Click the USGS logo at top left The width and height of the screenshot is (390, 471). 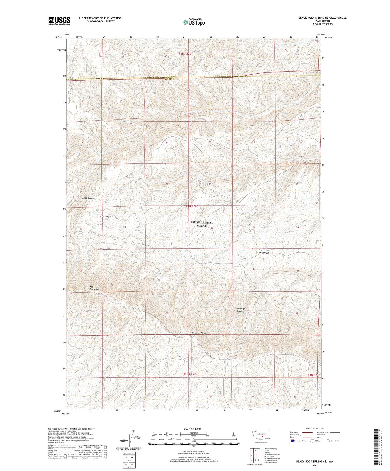[x=59, y=21]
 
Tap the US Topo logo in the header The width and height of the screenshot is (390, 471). [x=194, y=22]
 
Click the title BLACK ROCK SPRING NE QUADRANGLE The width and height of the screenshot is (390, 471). [x=322, y=18]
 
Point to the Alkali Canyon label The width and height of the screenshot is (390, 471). [x=88, y=198]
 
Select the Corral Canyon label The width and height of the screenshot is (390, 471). [x=105, y=217]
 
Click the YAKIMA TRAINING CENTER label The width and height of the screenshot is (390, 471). [x=202, y=224]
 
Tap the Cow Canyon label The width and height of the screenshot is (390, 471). [x=263, y=253]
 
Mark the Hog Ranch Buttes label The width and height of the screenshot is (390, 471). [x=95, y=288]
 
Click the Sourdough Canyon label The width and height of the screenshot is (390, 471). [x=240, y=310]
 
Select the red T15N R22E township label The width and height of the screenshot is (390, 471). [x=184, y=54]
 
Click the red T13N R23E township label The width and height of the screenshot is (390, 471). [x=313, y=375]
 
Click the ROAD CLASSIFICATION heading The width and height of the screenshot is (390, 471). [x=315, y=429]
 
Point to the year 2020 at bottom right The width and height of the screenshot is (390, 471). [x=314, y=465]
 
